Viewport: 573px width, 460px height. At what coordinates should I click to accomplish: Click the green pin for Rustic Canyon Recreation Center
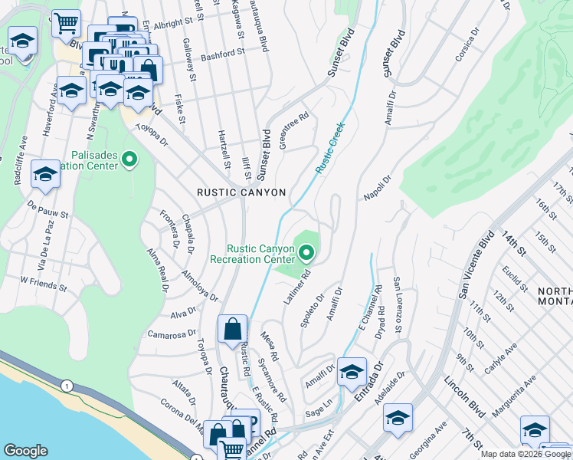pyautogui.click(x=307, y=252)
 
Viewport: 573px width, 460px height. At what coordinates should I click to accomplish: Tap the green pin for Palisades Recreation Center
pyautogui.click(x=129, y=159)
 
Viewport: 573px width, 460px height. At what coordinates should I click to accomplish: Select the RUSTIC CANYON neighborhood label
pyautogui.click(x=241, y=192)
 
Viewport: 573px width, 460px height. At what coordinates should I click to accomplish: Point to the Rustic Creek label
pyautogui.click(x=330, y=146)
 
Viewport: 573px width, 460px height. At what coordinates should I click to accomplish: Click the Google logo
pyautogui.click(x=25, y=451)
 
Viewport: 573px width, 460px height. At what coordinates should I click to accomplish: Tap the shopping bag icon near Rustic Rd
pyautogui.click(x=232, y=330)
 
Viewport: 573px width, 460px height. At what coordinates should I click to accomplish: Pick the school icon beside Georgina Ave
pyautogui.click(x=398, y=419)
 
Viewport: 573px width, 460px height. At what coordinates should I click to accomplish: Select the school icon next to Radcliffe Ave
pyautogui.click(x=45, y=176)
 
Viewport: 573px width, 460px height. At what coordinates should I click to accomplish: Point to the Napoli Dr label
pyautogui.click(x=378, y=189)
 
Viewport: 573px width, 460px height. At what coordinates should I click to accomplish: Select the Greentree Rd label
pyautogui.click(x=294, y=131)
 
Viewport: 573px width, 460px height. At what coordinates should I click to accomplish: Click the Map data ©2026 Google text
pyautogui.click(x=526, y=453)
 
